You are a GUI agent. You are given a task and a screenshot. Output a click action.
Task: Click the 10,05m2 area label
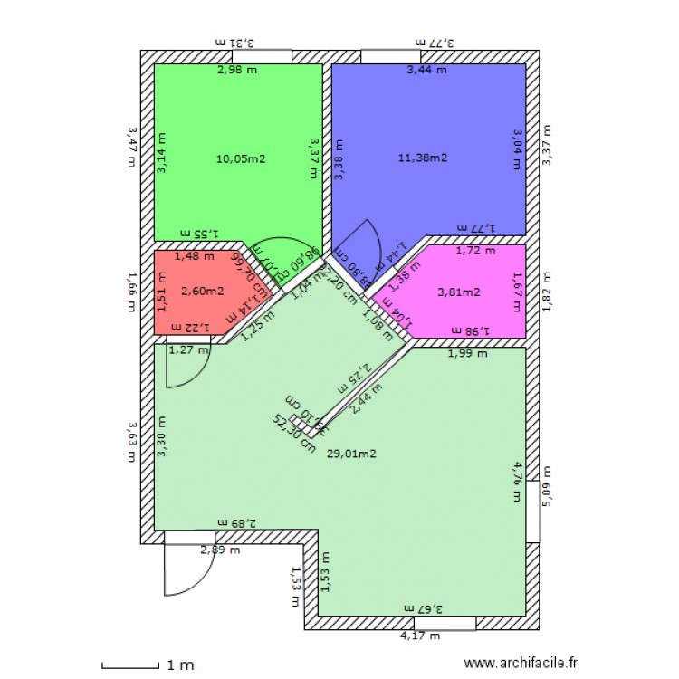click(241, 158)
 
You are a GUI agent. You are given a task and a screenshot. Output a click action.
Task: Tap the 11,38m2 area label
click(423, 158)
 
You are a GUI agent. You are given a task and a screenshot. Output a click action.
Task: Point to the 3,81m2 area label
click(458, 292)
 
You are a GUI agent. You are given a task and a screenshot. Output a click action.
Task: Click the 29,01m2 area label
click(351, 454)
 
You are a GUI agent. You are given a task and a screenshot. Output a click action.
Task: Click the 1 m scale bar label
click(181, 665)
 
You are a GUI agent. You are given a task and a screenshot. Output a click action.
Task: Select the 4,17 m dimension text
click(419, 636)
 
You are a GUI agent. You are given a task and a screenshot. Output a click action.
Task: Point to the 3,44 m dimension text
click(426, 70)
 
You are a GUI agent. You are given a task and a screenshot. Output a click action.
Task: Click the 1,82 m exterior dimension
click(546, 291)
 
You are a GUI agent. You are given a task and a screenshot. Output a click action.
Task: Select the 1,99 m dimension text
click(467, 354)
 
